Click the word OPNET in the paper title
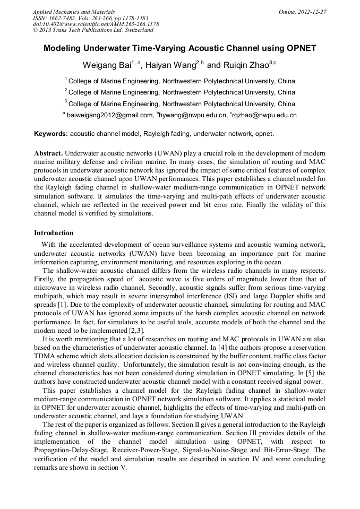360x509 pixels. (x=301, y=48)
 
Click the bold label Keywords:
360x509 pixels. (x=51, y=133)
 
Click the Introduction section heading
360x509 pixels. (x=54, y=233)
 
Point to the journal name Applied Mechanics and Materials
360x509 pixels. (x=74, y=12)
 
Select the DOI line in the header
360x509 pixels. (x=96, y=24)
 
